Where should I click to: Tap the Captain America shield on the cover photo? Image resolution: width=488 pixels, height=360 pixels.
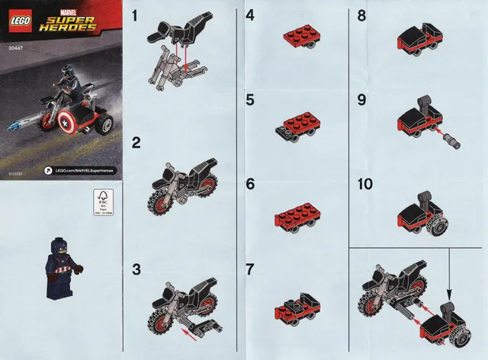pos(71,123)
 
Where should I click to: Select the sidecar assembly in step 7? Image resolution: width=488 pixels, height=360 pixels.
pos(296,308)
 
